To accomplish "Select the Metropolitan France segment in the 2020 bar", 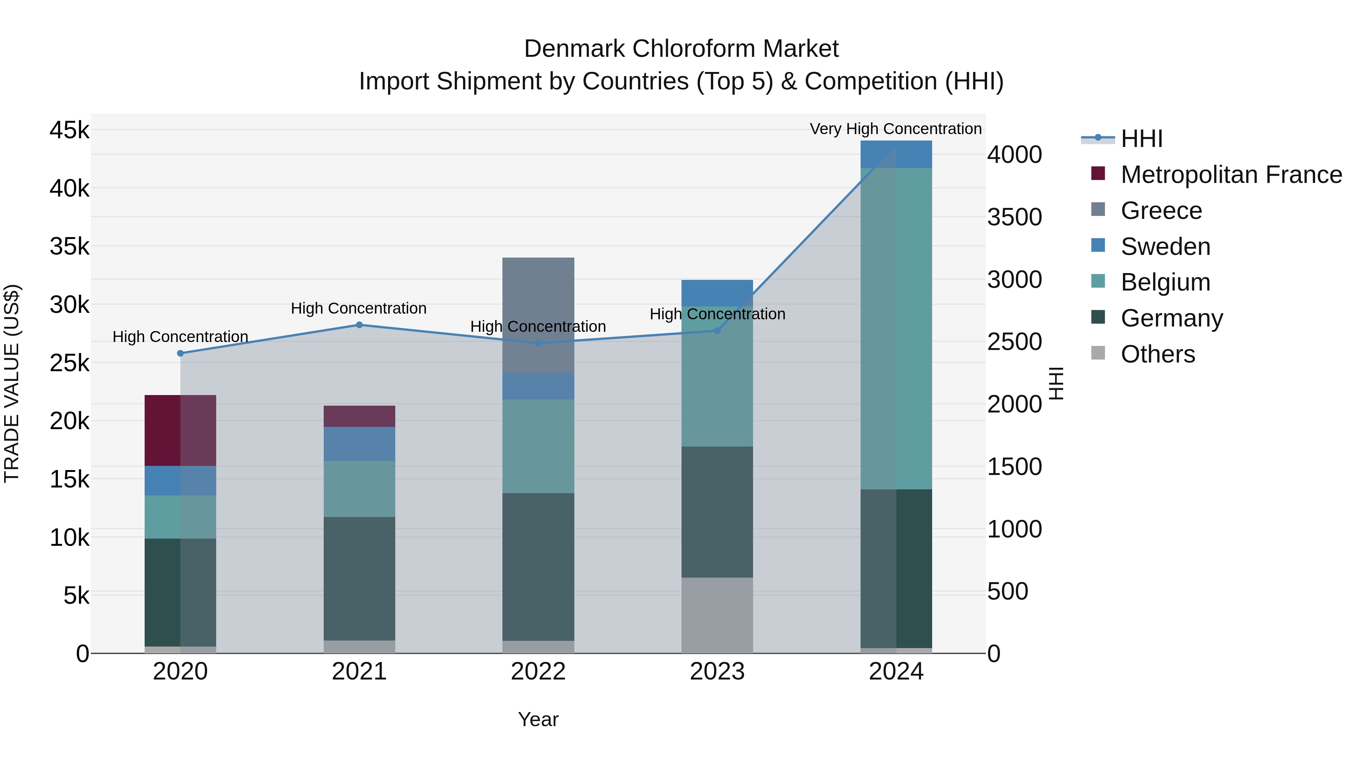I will pyautogui.click(x=180, y=430).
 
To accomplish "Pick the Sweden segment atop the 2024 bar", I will pyautogui.click(x=896, y=154).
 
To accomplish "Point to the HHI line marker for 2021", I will pyautogui.click(x=359, y=325).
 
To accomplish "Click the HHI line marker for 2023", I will pyautogui.click(x=717, y=331).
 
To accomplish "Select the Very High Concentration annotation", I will pyautogui.click(x=895, y=129).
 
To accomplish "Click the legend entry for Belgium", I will pyautogui.click(x=1165, y=282).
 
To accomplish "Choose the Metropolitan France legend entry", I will pyautogui.click(x=1231, y=175).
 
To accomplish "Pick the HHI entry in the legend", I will pyautogui.click(x=1141, y=139).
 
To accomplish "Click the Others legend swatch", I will pyautogui.click(x=1098, y=353).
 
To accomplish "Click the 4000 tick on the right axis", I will pyautogui.click(x=1014, y=155).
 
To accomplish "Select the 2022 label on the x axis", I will pyautogui.click(x=538, y=672).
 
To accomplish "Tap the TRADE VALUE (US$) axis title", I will pyautogui.click(x=12, y=383).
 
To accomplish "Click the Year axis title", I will pyautogui.click(x=538, y=719).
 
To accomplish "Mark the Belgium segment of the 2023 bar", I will pyautogui.click(x=717, y=377).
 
